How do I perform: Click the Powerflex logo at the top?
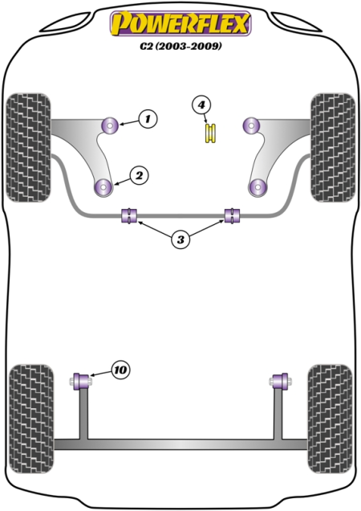click(180, 22)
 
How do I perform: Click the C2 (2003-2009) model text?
click(181, 47)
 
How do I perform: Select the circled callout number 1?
click(148, 119)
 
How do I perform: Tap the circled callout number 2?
click(139, 176)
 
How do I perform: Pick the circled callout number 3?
click(180, 240)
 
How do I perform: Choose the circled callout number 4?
click(201, 105)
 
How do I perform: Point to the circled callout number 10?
click(120, 370)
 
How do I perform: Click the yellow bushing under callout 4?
click(210, 133)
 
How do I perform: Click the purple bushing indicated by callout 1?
click(109, 125)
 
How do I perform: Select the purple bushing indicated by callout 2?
click(103, 187)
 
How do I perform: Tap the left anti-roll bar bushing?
click(129, 216)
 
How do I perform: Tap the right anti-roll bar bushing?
click(233, 216)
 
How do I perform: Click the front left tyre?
click(29, 148)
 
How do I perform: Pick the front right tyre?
click(333, 148)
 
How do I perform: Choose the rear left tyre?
click(31, 419)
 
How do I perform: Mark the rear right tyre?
click(330, 419)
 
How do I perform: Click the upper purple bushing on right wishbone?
click(251, 125)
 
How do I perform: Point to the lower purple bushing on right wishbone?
click(258, 187)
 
